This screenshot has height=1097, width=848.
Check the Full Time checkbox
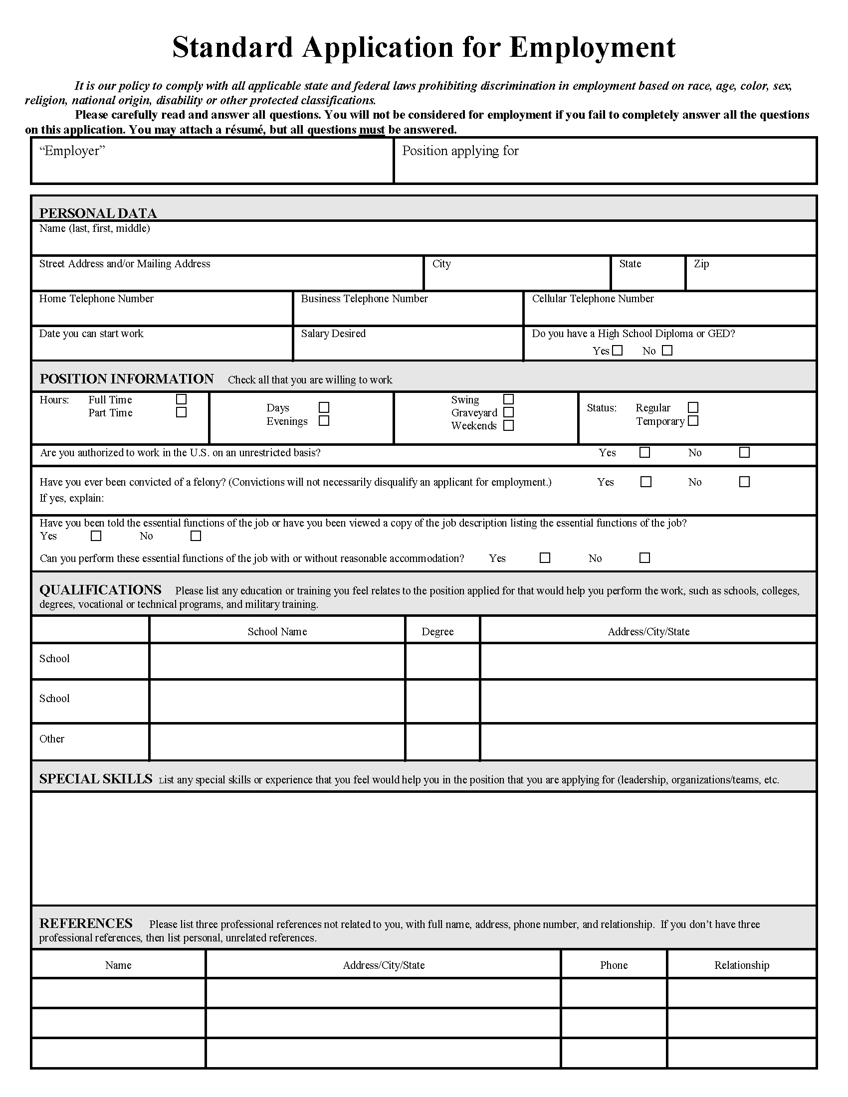(x=182, y=399)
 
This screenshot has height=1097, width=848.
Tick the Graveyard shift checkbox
(x=508, y=412)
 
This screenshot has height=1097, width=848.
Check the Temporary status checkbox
(x=693, y=421)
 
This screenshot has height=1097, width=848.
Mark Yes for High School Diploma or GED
(x=618, y=351)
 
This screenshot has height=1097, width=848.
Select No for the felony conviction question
(x=745, y=482)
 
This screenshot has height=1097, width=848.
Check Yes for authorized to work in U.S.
(x=644, y=453)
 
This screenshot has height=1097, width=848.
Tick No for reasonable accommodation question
(x=644, y=558)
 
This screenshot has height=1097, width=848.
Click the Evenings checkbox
(x=324, y=421)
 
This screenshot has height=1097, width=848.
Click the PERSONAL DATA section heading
(x=98, y=213)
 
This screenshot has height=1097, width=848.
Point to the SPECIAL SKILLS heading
(x=95, y=779)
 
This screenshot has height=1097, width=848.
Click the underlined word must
(x=372, y=130)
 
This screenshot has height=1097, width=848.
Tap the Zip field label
(x=701, y=264)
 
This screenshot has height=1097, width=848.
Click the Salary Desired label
(x=333, y=334)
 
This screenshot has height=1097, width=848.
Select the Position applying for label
(x=460, y=151)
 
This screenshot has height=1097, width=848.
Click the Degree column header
(x=437, y=632)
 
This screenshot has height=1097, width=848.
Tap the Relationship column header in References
(x=741, y=965)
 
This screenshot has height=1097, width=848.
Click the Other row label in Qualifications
(x=52, y=739)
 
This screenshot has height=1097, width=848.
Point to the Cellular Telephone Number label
(x=593, y=299)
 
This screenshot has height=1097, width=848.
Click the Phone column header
(x=614, y=965)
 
